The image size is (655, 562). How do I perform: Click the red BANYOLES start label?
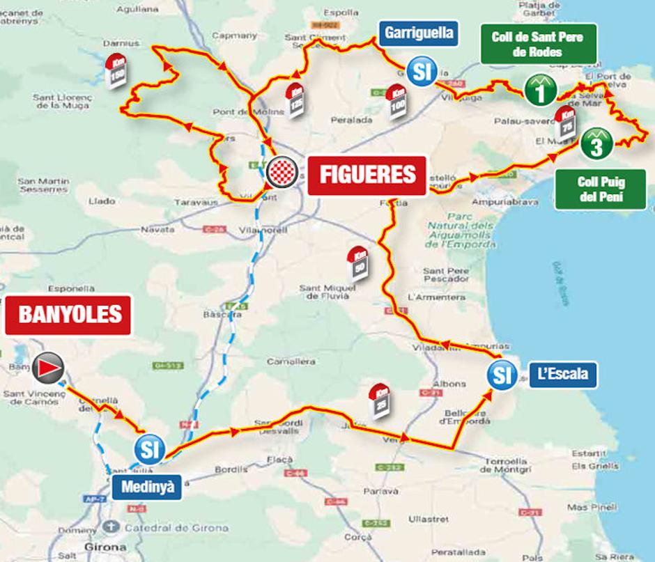(70, 315)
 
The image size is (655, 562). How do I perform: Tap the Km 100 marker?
(398, 102)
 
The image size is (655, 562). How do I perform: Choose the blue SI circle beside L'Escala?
(501, 375)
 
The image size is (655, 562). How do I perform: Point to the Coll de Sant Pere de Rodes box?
(537, 44)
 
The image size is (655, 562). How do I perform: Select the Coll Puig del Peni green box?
(601, 189)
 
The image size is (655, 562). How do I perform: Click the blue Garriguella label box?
(419, 33)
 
